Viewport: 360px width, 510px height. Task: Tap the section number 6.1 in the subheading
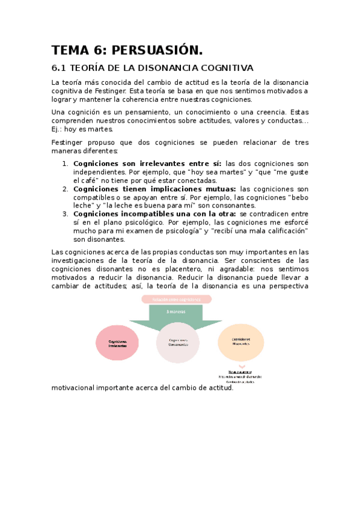pyautogui.click(x=61, y=67)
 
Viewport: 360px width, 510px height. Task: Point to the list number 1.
pyautogui.click(x=66, y=164)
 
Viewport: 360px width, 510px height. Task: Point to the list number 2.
pyautogui.click(x=66, y=189)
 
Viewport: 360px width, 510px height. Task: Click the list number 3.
pyautogui.click(x=66, y=214)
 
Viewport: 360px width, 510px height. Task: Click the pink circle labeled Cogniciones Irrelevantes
pyautogui.click(x=118, y=343)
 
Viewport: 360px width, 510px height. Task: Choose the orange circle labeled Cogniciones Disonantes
pyautogui.click(x=240, y=342)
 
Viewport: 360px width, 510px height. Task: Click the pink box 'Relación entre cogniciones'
pyautogui.click(x=177, y=299)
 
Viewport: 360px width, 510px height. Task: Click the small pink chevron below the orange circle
pyautogui.click(x=242, y=366)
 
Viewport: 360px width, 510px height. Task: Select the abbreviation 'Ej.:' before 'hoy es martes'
pyautogui.click(x=58, y=129)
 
